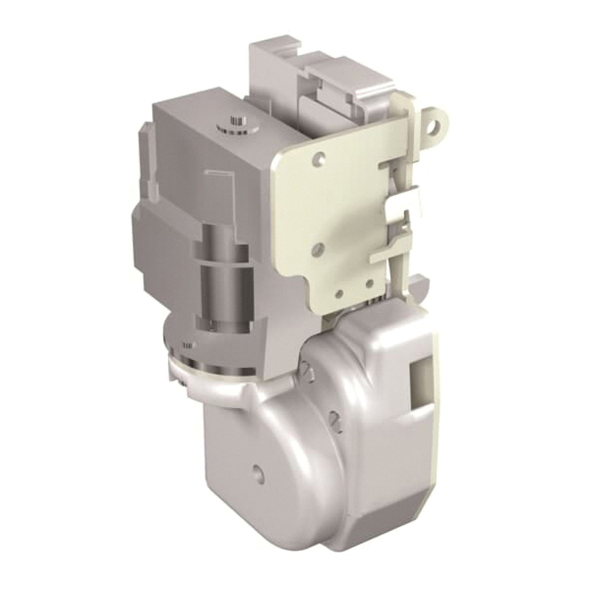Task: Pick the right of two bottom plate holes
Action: point(369,284)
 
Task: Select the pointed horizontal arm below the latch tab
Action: point(392,251)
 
